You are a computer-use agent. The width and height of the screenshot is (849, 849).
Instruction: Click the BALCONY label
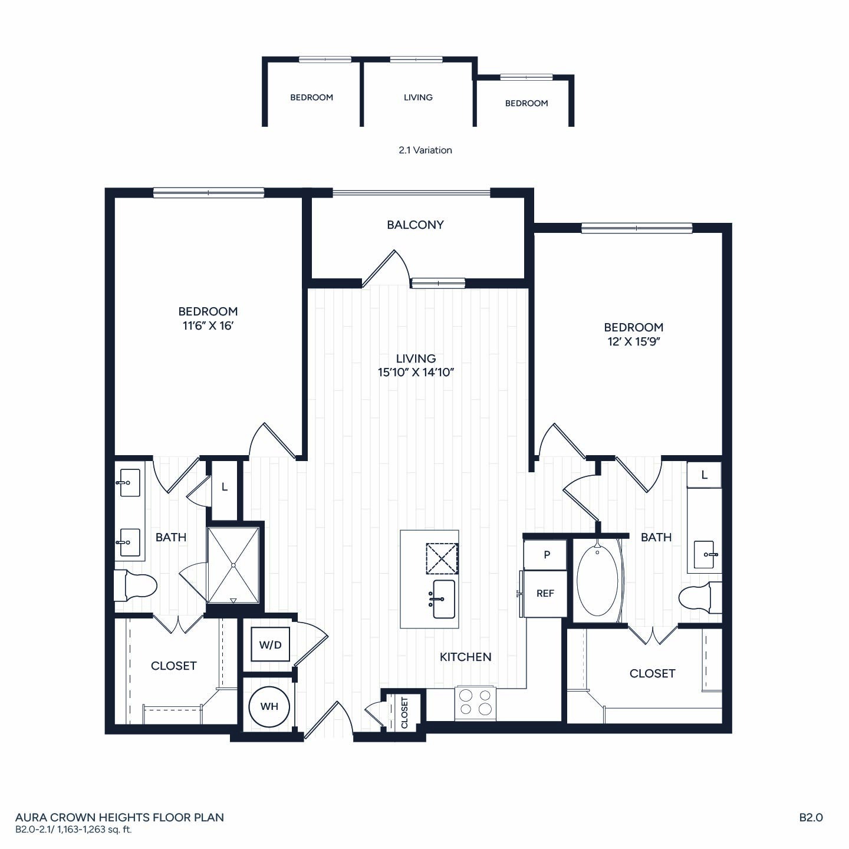coord(415,225)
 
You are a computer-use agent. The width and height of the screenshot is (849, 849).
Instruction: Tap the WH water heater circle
coord(269,706)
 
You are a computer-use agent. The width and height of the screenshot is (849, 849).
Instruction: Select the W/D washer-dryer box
coord(270,644)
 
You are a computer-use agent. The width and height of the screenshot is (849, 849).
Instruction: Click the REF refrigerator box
coord(545,594)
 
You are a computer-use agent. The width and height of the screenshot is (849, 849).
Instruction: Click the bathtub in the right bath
coord(597,581)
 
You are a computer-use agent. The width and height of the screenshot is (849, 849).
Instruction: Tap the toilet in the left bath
coord(136,585)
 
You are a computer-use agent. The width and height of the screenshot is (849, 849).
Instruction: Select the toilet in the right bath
coord(700,597)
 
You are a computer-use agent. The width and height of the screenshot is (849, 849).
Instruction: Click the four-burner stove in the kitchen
coord(475,702)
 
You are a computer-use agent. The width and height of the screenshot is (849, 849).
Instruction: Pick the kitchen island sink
coord(444,599)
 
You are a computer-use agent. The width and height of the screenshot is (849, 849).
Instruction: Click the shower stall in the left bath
coord(233,565)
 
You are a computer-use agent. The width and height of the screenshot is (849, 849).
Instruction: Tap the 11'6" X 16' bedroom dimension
coord(208,326)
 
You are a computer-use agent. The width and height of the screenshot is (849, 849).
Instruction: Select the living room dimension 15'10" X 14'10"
coord(416,372)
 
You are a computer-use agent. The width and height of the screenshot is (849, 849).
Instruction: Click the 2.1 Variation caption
coord(425,150)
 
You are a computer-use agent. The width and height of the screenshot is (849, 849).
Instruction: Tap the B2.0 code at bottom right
coord(811,818)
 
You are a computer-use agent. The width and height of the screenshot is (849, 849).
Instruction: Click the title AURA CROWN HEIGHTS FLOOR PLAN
coord(120,818)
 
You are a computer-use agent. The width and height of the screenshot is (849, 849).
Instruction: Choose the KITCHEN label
coord(465,657)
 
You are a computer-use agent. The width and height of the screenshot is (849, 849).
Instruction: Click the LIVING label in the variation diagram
coord(418,97)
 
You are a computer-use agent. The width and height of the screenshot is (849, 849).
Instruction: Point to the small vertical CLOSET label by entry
coord(404,713)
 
